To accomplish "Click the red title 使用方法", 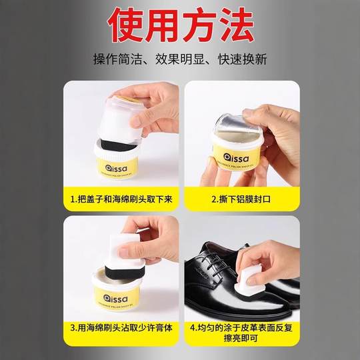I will click(180, 25).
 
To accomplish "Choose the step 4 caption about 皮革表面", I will click(239, 331).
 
